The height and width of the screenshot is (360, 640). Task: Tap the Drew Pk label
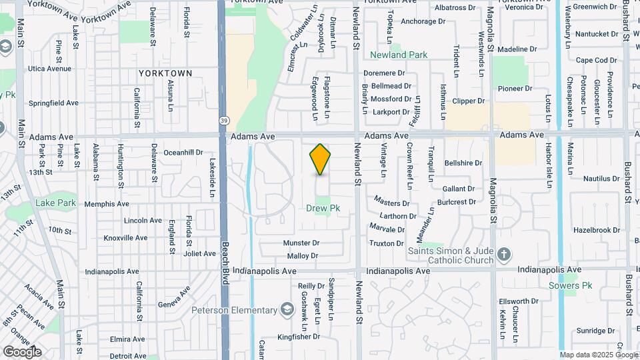pyautogui.click(x=323, y=208)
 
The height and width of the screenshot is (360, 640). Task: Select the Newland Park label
pyautogui.click(x=399, y=55)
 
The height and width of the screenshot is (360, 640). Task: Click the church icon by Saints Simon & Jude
pyautogui.click(x=503, y=253)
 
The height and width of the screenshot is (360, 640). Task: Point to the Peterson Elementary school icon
pyautogui.click(x=287, y=310)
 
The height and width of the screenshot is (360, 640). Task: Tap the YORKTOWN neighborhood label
pyautogui.click(x=165, y=73)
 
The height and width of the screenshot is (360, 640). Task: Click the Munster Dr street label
pyautogui.click(x=301, y=243)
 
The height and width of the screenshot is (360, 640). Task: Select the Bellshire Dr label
pyautogui.click(x=463, y=163)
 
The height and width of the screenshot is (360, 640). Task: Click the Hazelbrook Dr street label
pyautogui.click(x=596, y=230)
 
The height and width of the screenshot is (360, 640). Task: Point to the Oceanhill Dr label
pyautogui.click(x=183, y=152)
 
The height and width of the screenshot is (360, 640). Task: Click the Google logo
pyautogui.click(x=22, y=352)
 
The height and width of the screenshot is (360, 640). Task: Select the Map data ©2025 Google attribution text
pyautogui.click(x=597, y=355)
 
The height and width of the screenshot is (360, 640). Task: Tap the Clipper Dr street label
pyautogui.click(x=468, y=101)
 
